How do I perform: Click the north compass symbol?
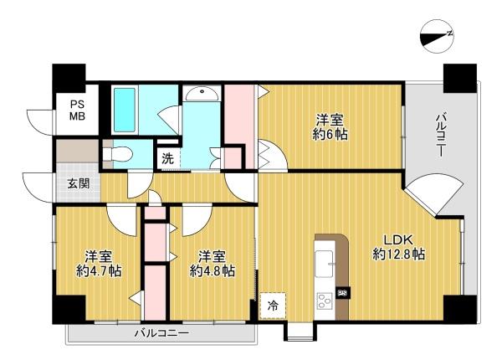point(437,36)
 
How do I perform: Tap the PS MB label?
point(78,111)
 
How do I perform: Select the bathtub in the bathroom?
point(125,111)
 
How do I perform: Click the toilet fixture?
point(118,154)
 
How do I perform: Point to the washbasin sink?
point(202,94)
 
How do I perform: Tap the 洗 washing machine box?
point(168,158)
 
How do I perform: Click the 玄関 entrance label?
point(79,183)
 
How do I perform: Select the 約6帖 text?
point(330,135)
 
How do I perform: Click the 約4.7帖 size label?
point(99,271)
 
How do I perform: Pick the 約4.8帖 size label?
point(213,271)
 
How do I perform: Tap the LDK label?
point(399,240)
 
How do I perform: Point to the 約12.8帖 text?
point(399,254)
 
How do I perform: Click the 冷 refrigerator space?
point(273,306)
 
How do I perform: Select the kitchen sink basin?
point(324,264)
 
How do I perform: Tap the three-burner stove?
point(325,301)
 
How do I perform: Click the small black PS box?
point(343,293)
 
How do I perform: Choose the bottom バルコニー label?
point(161,333)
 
